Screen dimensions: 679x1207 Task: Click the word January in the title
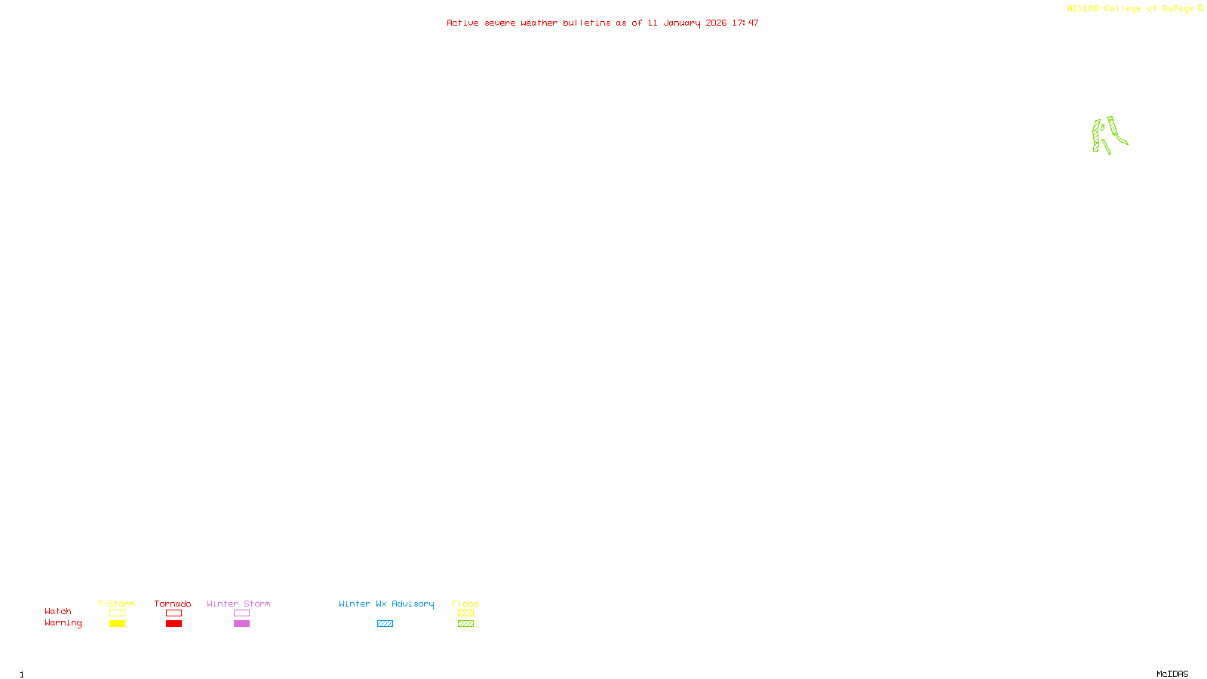tap(681, 23)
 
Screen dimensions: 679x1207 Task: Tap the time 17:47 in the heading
tap(745, 23)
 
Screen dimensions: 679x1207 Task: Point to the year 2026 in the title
tap(716, 23)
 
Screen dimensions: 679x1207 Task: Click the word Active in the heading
tap(462, 23)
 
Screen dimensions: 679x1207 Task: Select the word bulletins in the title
tap(587, 23)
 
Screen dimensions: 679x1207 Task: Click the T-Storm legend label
tap(116, 604)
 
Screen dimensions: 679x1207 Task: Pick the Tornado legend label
tap(173, 604)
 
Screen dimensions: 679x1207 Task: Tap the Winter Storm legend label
tap(238, 604)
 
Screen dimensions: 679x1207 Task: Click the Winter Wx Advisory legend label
tap(386, 604)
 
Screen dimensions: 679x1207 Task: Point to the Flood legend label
tap(465, 604)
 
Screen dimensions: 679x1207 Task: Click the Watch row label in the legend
tap(58, 611)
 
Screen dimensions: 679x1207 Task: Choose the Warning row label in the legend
tap(63, 623)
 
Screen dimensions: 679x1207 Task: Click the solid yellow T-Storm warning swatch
tap(117, 624)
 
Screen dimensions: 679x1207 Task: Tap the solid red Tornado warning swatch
tap(174, 624)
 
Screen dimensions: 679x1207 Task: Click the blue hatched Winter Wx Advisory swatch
tap(385, 624)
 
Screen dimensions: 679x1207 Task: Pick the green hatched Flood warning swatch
tap(465, 624)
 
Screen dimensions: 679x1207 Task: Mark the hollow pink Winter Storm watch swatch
tap(241, 613)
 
